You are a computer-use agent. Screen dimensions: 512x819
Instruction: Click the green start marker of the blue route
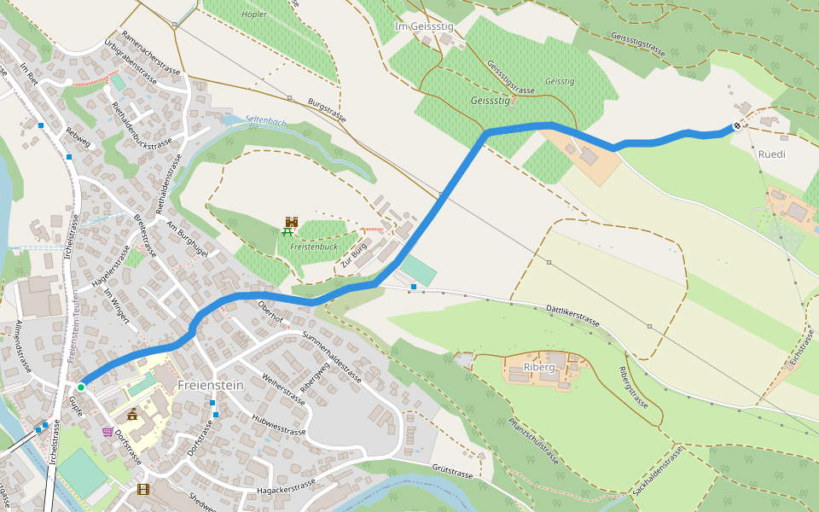80,387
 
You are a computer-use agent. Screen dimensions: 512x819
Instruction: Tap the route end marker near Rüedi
737,126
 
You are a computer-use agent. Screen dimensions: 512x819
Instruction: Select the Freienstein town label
211,386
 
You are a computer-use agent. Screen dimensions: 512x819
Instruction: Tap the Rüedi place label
771,154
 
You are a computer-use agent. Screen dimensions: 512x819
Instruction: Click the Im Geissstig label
424,27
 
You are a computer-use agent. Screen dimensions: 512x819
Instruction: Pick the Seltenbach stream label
265,121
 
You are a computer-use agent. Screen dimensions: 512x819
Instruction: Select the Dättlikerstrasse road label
572,313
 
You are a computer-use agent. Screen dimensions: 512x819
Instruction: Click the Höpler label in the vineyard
254,15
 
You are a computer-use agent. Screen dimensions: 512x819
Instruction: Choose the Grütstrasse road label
452,472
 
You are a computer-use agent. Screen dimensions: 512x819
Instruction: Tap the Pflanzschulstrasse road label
533,439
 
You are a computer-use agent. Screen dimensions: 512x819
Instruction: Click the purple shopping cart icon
107,433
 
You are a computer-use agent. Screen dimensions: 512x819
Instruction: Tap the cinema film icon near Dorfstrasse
142,489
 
